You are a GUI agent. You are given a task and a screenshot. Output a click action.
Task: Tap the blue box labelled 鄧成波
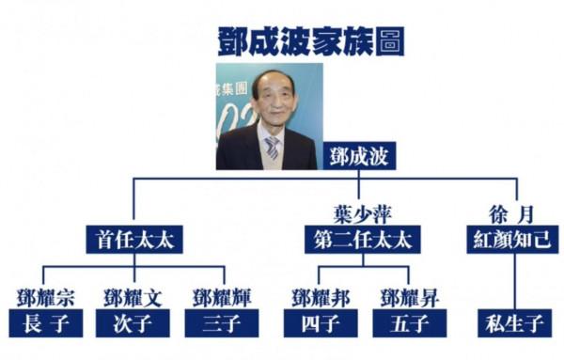359,155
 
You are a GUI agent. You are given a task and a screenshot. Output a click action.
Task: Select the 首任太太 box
133,240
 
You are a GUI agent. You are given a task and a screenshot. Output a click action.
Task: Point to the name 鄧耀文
133,297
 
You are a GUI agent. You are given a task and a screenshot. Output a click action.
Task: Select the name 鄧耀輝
223,297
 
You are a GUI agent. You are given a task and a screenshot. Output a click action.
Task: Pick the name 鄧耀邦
316,297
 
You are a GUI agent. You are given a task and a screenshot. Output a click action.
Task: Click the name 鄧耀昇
407,297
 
